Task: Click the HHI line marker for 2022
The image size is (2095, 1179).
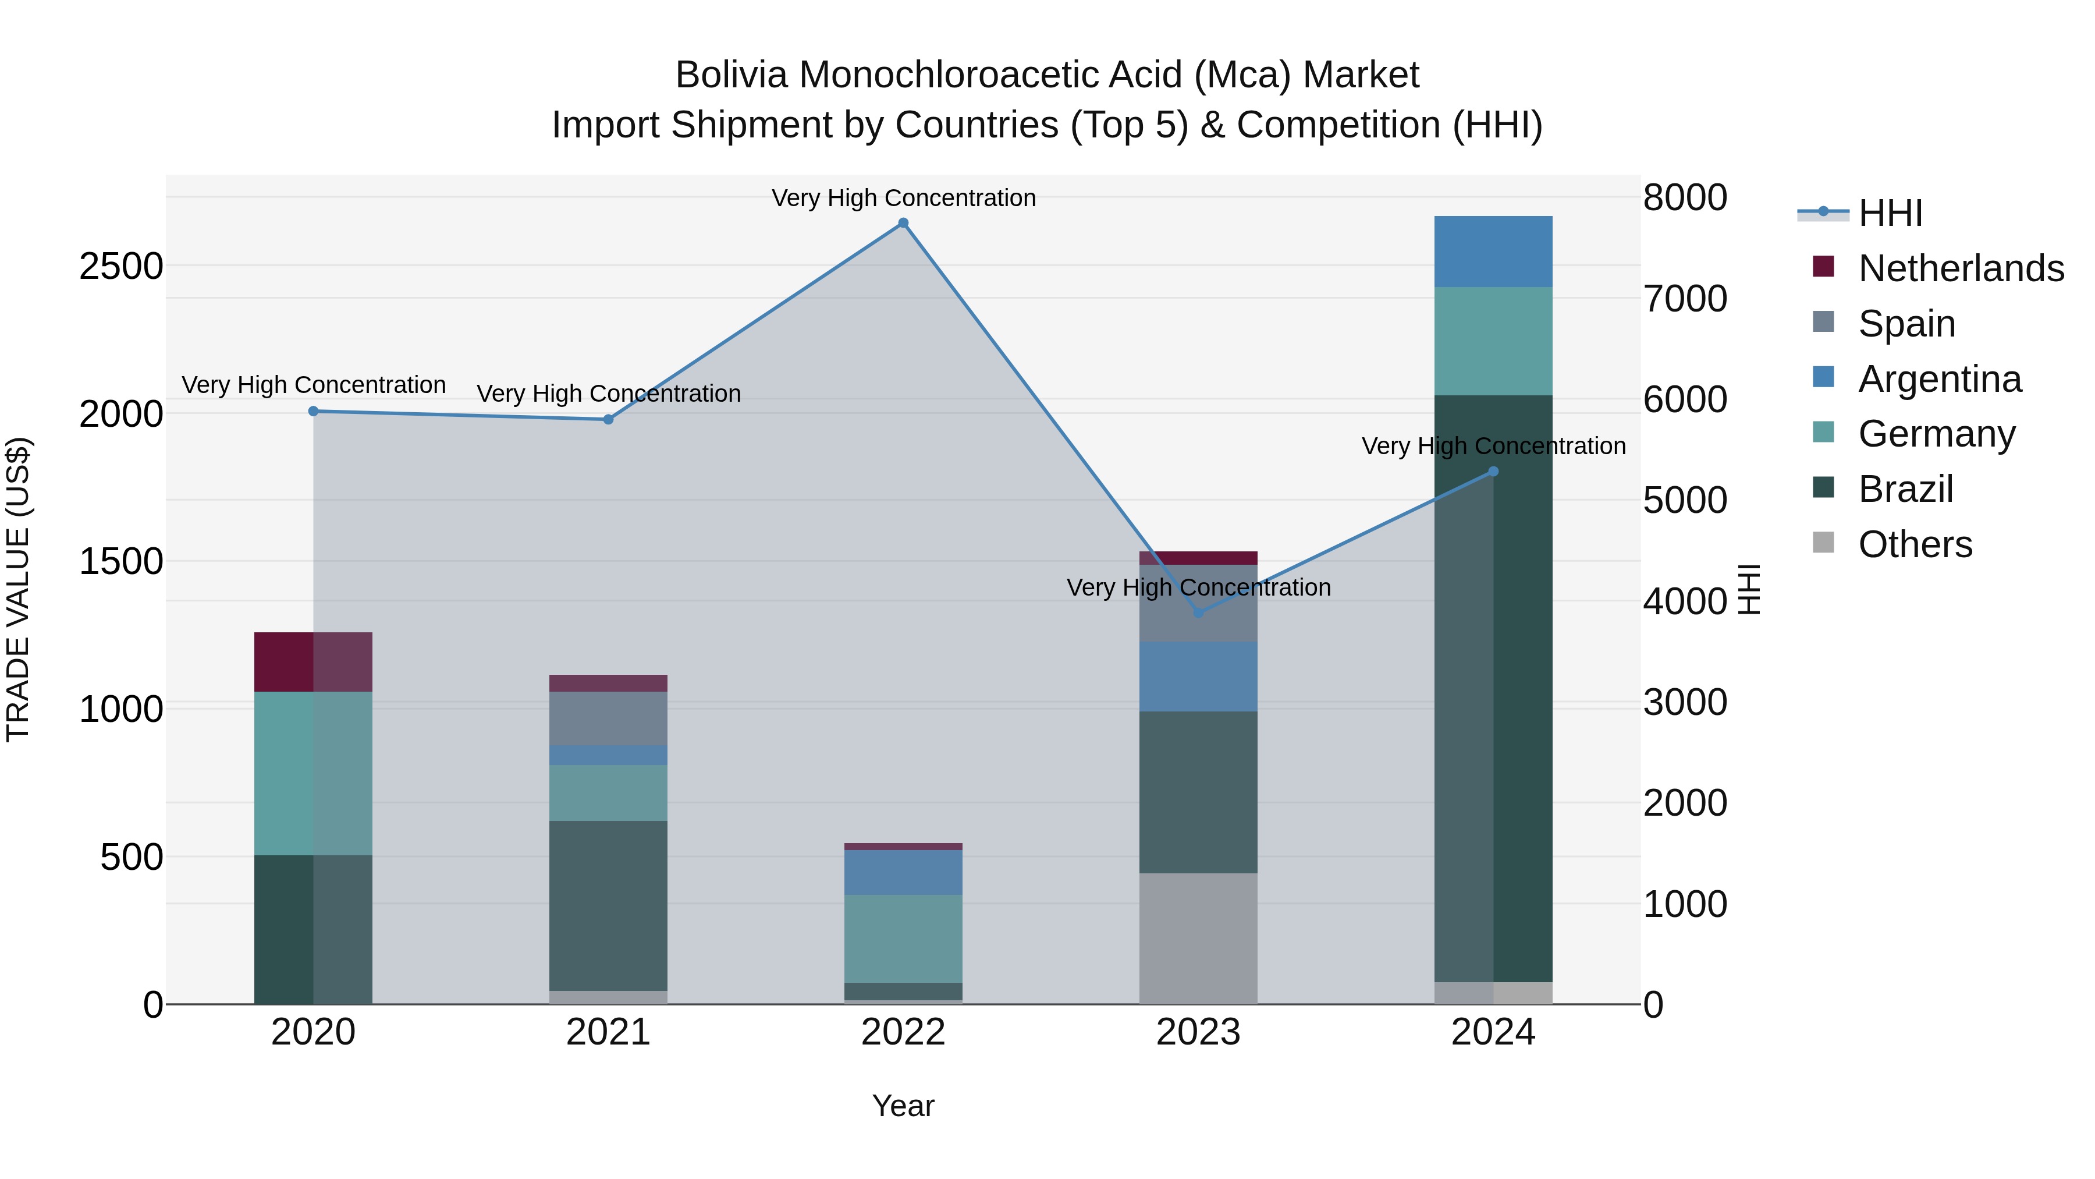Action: (903, 223)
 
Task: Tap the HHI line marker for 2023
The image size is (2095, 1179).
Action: (1198, 612)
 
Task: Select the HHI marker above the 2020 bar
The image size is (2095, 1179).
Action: (313, 411)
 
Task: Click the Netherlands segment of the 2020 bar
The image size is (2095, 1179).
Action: (313, 661)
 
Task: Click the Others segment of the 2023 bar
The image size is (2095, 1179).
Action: (1198, 938)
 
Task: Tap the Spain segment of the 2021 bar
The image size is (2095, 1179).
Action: (608, 718)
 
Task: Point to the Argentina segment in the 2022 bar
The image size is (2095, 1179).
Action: (903, 872)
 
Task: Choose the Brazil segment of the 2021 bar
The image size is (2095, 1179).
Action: (608, 905)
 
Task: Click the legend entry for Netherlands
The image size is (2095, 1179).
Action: (1960, 268)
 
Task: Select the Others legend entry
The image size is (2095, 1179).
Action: (1915, 544)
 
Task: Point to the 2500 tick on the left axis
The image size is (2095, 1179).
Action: (121, 266)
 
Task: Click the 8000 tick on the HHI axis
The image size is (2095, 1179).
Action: (1684, 198)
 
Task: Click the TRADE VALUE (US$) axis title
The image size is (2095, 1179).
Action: (18, 589)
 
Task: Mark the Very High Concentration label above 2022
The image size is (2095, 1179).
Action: (903, 198)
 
